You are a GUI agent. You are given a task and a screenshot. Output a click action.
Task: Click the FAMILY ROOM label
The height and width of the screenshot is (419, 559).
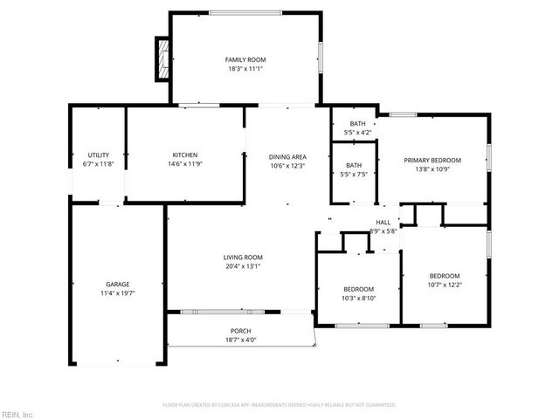[245, 59]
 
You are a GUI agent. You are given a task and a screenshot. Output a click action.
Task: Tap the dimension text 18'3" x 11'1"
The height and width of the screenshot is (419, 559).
[245, 69]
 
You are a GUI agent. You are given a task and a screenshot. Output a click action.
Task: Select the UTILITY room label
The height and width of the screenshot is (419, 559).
[98, 155]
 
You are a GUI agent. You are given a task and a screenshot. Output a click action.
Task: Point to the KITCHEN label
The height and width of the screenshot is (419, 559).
[184, 155]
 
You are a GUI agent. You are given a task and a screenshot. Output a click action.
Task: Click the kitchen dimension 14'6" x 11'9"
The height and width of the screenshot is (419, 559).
[184, 164]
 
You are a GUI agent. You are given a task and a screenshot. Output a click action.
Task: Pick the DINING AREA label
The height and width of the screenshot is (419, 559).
[286, 156]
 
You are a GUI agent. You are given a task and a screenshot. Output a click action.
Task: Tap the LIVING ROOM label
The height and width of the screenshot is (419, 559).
[243, 257]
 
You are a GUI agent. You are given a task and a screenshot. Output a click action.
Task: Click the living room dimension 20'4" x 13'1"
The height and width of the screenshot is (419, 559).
[243, 266]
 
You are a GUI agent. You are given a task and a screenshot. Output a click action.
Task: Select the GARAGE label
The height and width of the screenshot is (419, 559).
[118, 284]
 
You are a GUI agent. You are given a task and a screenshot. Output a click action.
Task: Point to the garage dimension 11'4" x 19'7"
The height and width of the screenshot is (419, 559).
[118, 293]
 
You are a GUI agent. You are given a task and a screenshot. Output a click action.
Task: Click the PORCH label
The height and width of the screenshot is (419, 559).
[241, 331]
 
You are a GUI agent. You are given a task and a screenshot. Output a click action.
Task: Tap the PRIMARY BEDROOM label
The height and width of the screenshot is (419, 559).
[431, 160]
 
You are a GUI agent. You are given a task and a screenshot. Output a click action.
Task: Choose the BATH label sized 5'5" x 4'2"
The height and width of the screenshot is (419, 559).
[357, 124]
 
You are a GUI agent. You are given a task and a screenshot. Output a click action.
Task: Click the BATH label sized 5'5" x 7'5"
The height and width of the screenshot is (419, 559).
[354, 165]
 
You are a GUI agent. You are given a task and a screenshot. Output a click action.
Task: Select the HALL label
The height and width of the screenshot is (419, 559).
[383, 223]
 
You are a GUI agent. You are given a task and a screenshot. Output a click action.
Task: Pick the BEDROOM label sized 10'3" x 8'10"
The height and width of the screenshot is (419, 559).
[358, 289]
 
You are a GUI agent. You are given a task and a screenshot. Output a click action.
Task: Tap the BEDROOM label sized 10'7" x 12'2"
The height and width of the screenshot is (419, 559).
[444, 275]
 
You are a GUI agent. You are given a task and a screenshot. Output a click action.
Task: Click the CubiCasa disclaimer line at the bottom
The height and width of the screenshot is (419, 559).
[279, 405]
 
